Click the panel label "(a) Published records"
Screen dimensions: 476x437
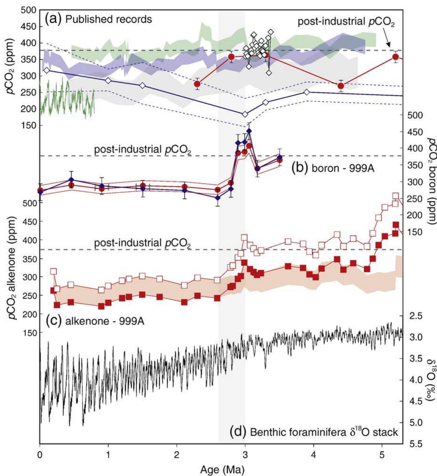pos(98,19)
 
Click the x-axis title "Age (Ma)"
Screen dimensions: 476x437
pos(222,469)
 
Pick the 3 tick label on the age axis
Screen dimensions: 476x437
pos(245,456)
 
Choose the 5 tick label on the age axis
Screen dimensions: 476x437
pos(382,456)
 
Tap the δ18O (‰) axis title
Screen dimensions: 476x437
pos(430,384)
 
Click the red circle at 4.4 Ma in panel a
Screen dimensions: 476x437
pos(341,86)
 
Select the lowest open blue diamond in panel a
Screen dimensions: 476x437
pos(245,114)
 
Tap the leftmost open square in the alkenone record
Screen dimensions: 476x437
pos(54,271)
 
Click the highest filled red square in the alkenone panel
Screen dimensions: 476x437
pos(396,225)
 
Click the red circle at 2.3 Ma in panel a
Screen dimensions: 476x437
pos(197,84)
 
